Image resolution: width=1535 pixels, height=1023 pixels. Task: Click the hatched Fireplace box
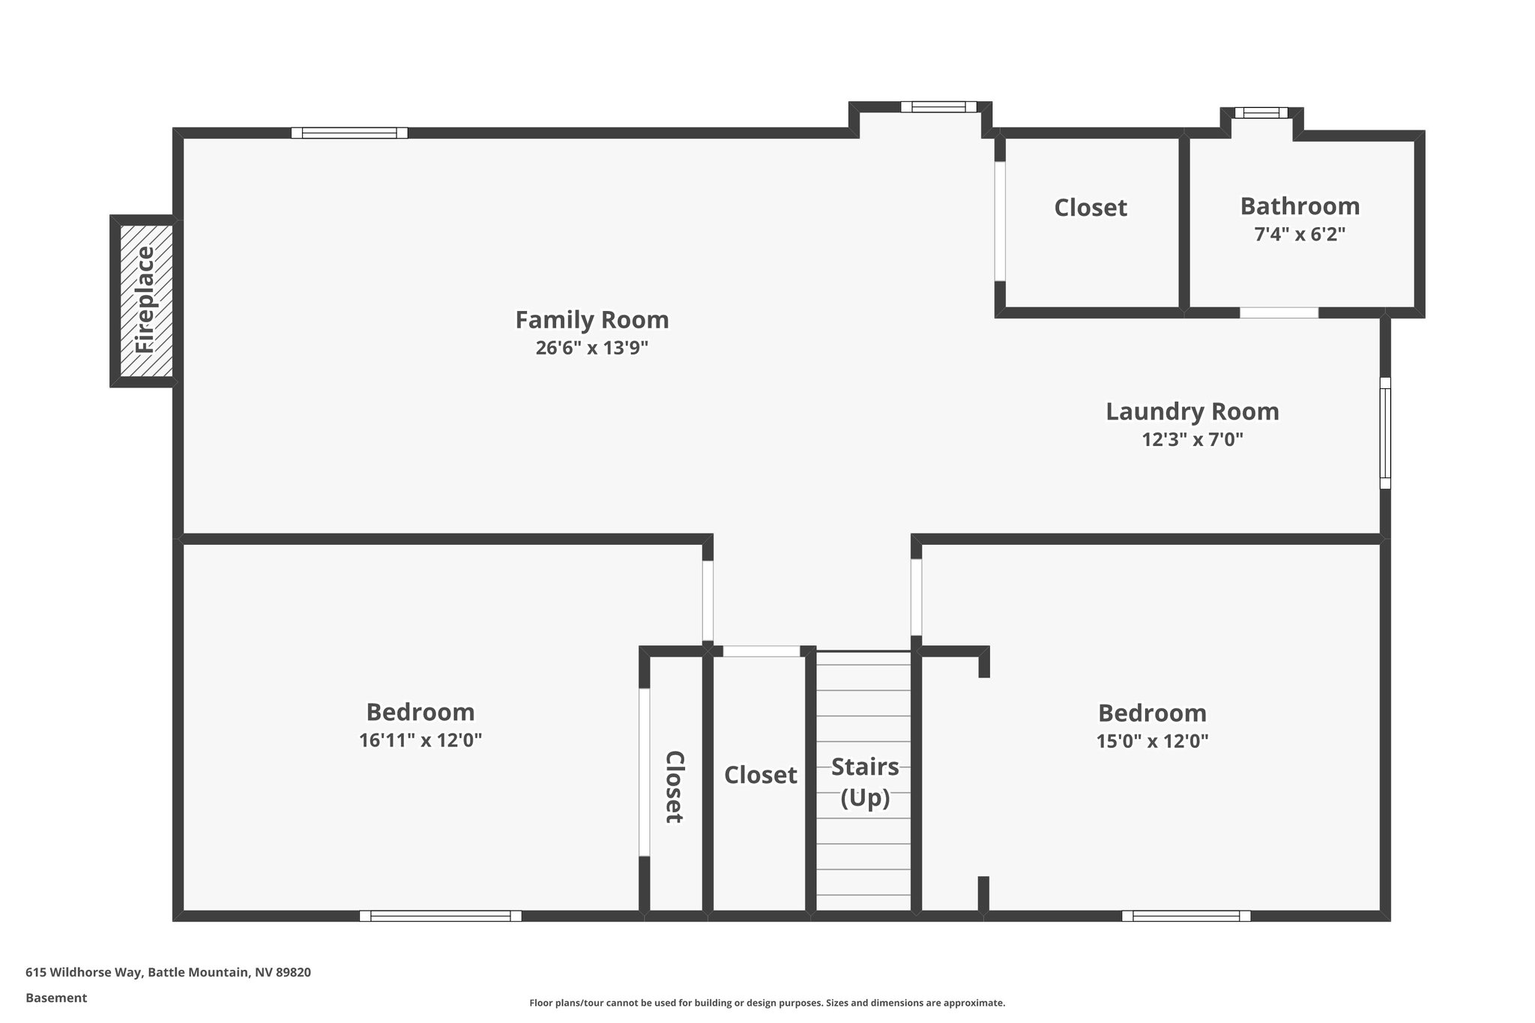[x=144, y=301]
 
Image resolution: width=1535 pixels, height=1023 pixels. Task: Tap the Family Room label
[x=591, y=320]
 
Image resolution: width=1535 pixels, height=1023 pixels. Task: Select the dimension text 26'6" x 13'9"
[x=591, y=348]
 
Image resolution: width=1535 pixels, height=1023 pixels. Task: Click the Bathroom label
[x=1300, y=206]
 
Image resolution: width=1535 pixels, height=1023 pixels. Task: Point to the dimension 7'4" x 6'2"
[x=1300, y=234]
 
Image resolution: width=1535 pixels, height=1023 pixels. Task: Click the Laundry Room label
[x=1192, y=411]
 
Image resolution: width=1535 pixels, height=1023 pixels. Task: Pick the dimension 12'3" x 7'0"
[x=1192, y=439]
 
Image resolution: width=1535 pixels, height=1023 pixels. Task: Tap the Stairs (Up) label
[x=865, y=782]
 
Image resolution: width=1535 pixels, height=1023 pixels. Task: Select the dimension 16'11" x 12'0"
[x=420, y=740]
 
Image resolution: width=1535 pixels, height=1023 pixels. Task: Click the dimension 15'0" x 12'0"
[x=1152, y=741]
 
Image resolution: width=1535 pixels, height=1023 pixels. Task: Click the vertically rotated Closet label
[x=674, y=786]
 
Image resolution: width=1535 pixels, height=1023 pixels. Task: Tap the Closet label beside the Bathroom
[x=1090, y=208]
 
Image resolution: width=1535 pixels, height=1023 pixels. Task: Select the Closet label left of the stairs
[x=760, y=775]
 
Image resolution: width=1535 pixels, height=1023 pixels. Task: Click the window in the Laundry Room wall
[x=1385, y=433]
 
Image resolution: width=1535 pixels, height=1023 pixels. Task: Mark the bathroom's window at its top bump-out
[x=1261, y=113]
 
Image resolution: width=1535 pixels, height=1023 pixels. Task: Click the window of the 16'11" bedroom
[x=440, y=916]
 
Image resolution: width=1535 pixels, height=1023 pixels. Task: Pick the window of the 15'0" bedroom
[x=1186, y=916]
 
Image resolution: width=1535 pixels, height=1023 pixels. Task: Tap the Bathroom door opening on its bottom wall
[x=1279, y=313]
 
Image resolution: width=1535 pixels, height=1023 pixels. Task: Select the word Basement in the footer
[x=56, y=998]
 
